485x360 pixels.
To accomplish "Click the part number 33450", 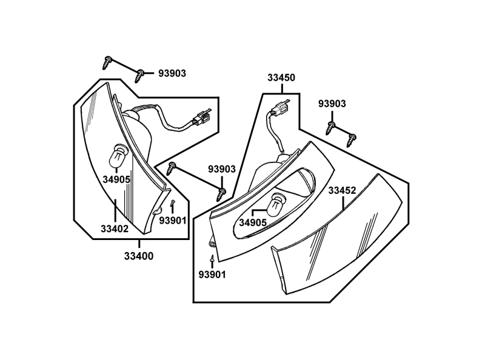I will (x=281, y=78).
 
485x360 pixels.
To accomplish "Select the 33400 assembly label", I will (x=139, y=256).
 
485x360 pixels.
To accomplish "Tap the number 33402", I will (x=115, y=229).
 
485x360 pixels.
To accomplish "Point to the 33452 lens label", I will (x=342, y=190).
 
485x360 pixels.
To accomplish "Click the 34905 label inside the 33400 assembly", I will (x=116, y=179).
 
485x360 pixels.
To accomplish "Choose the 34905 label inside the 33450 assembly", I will (x=253, y=222).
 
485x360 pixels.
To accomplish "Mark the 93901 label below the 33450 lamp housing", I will (x=212, y=274).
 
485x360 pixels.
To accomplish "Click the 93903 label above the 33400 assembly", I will (x=172, y=73).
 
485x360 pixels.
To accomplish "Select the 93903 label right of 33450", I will (x=332, y=104).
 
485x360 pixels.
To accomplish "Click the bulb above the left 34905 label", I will (x=117, y=156).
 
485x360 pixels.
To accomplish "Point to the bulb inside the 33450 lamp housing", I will (x=278, y=203).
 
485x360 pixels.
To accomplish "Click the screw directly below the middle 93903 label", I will (x=222, y=193).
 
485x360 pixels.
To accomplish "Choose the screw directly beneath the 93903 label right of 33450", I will (x=332, y=127).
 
